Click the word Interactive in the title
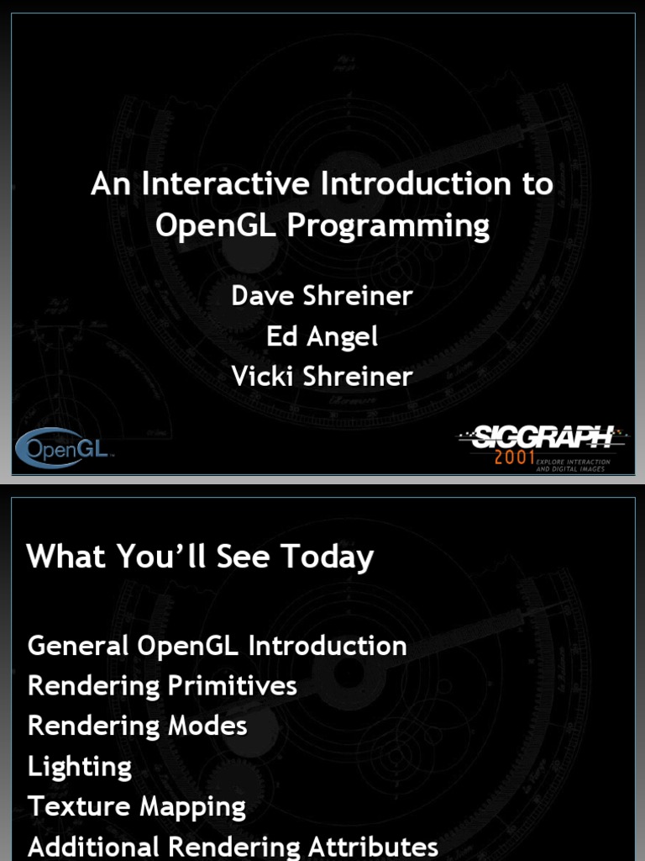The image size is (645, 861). [212, 184]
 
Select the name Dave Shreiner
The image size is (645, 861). [322, 296]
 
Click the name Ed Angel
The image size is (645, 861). [322, 336]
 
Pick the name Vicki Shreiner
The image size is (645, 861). [322, 377]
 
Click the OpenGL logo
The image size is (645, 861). [64, 449]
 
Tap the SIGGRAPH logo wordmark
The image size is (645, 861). [543, 437]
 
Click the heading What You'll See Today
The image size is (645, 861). [200, 557]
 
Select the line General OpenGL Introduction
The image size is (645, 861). [217, 646]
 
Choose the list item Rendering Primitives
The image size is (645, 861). [162, 686]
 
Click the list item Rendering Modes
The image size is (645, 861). [137, 726]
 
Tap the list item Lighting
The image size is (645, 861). [80, 767]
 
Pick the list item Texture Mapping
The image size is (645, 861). [136, 807]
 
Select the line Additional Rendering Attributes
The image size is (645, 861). [233, 847]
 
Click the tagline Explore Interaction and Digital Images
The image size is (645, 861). [573, 465]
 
